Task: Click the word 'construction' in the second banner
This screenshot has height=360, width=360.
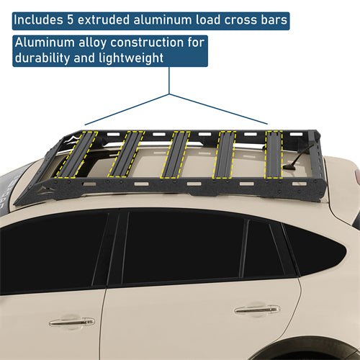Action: click(154, 42)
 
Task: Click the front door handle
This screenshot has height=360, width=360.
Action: click(257, 310)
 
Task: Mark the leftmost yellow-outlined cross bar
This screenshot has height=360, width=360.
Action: click(75, 154)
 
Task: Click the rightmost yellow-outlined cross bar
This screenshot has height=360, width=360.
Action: click(274, 153)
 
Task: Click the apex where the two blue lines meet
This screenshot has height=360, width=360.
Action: click(170, 94)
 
